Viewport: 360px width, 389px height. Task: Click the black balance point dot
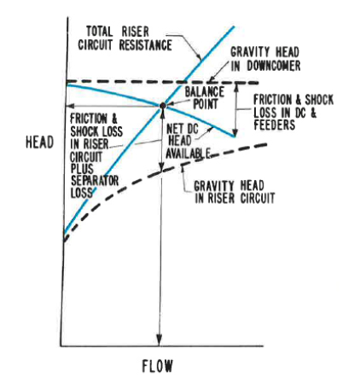(x=163, y=106)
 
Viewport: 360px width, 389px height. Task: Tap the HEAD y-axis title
(x=40, y=142)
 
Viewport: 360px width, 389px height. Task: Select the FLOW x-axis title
(x=157, y=366)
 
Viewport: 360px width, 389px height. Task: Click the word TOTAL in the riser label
(x=100, y=32)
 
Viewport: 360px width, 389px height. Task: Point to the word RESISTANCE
(x=145, y=45)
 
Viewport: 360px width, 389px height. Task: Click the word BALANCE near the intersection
(x=205, y=92)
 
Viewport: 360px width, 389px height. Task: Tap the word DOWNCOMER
(x=274, y=66)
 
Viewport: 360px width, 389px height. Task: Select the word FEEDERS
(x=275, y=125)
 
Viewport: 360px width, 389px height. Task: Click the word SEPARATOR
(x=95, y=181)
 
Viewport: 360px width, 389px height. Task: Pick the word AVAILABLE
(x=188, y=154)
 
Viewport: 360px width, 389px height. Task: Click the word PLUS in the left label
(x=82, y=169)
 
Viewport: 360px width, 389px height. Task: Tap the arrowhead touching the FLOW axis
(x=160, y=340)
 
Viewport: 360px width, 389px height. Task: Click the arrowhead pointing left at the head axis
(x=70, y=106)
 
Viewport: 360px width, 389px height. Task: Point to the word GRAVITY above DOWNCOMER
(x=250, y=52)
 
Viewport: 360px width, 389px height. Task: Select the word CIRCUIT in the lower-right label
(x=258, y=199)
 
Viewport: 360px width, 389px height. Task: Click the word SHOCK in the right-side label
(x=319, y=100)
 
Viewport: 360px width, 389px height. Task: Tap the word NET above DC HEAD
(x=174, y=129)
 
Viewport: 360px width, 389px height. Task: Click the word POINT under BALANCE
(x=206, y=104)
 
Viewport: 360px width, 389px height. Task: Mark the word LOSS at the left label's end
(x=82, y=193)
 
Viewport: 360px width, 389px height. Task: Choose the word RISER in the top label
(x=136, y=32)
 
